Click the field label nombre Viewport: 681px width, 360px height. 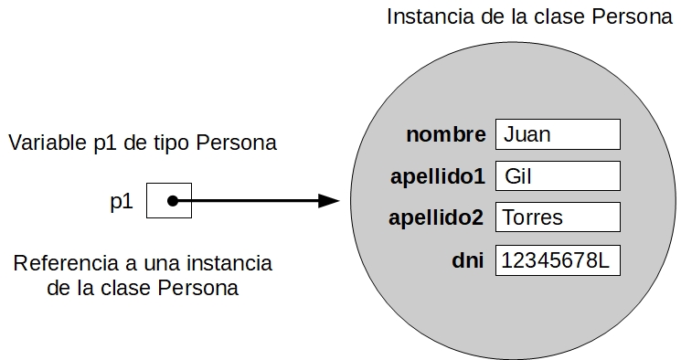click(446, 135)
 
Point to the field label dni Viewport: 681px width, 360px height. click(468, 259)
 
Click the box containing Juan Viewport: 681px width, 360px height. click(557, 135)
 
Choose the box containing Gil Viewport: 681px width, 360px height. click(557, 176)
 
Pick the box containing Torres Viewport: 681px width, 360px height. click(557, 217)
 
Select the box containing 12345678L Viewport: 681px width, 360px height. click(557, 260)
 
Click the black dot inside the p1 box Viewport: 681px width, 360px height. click(171, 201)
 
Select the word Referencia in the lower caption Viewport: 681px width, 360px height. click(61, 263)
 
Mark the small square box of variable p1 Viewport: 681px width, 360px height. click(169, 201)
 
